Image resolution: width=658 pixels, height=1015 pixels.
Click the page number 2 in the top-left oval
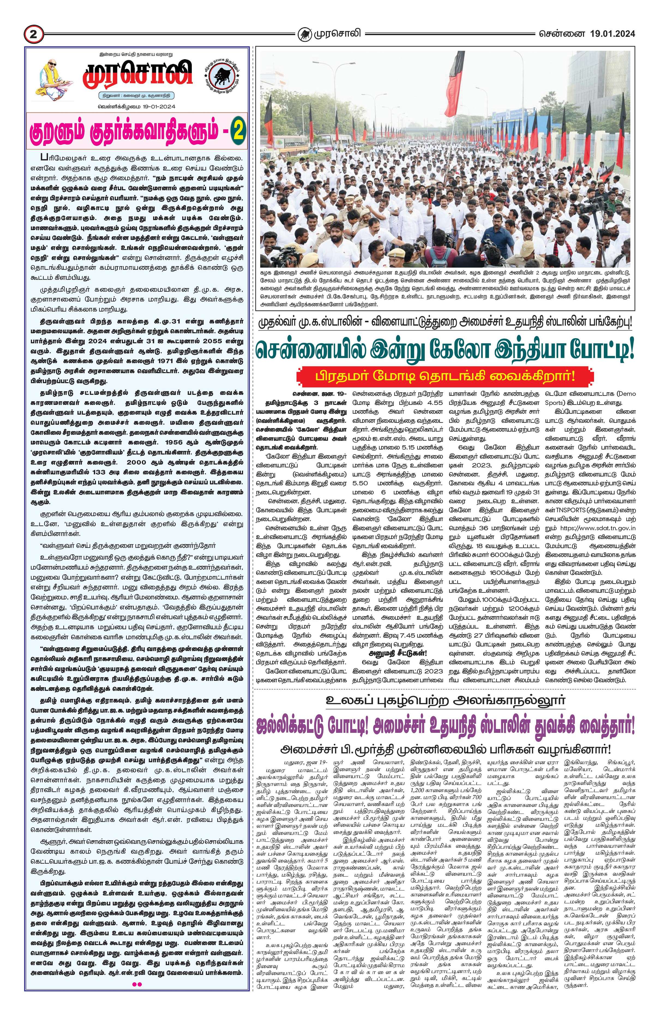(x=33, y=33)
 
